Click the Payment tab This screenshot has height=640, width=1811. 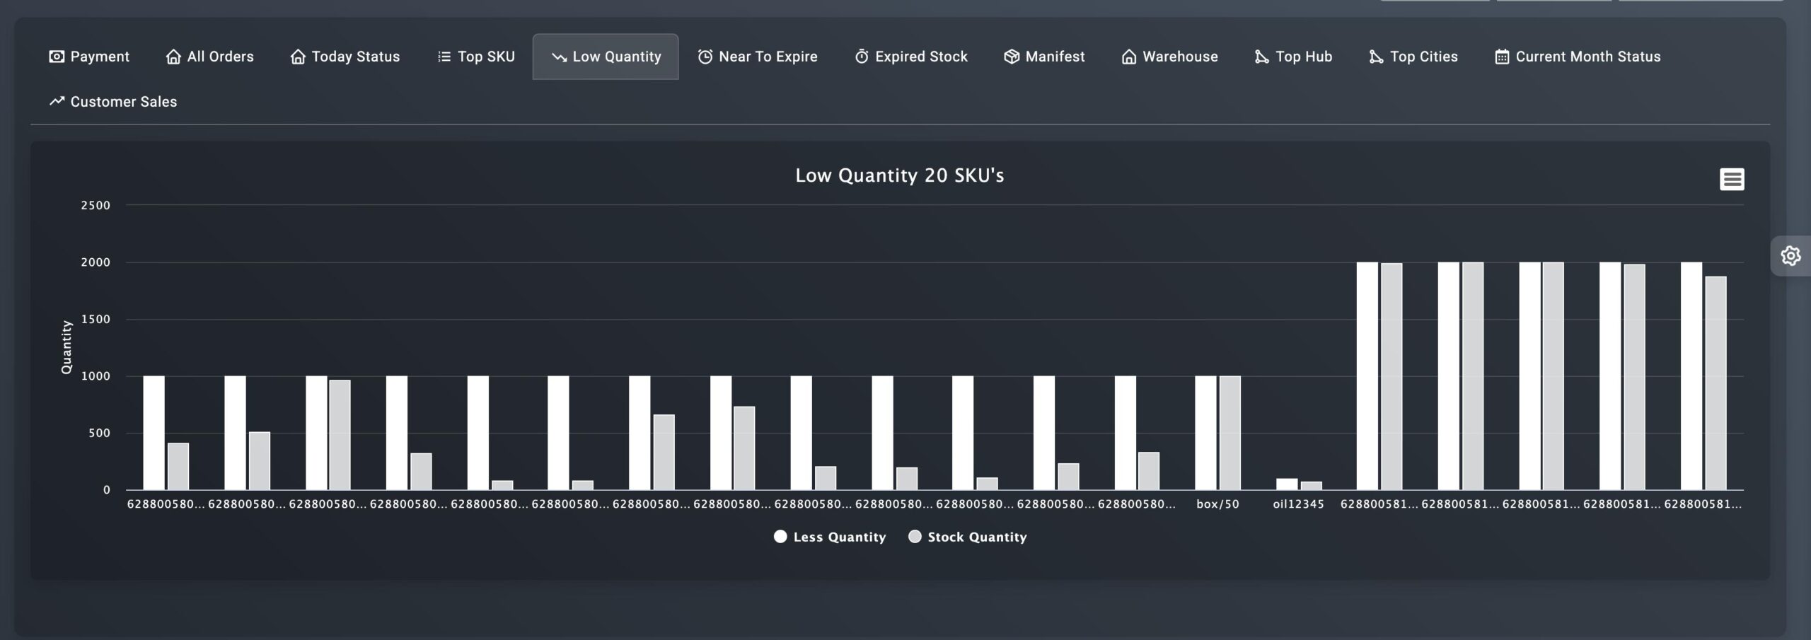click(x=89, y=57)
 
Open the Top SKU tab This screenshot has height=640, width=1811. click(x=476, y=57)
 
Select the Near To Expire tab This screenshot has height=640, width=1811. click(x=758, y=57)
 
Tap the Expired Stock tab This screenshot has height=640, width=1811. click(x=911, y=57)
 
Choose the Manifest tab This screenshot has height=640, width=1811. click(x=1044, y=57)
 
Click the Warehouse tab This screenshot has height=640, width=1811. click(x=1170, y=57)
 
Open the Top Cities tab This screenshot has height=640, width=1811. click(x=1413, y=57)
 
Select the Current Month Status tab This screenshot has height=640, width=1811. click(x=1578, y=57)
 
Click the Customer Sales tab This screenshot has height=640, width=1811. click(x=113, y=102)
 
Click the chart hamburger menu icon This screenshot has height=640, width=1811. click(x=1732, y=180)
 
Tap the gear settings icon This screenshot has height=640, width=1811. click(x=1790, y=255)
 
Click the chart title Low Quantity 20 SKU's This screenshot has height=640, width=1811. click(x=899, y=175)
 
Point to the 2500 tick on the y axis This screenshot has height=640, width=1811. click(x=96, y=206)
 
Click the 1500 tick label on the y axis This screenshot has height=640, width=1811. click(x=96, y=320)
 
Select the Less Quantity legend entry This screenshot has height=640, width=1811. click(x=831, y=537)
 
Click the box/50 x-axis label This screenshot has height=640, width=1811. click(x=1217, y=504)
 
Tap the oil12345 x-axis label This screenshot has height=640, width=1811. click(x=1298, y=504)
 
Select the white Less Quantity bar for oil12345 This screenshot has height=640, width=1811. click(x=1287, y=484)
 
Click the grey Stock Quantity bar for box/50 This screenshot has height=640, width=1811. click(x=1229, y=433)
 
